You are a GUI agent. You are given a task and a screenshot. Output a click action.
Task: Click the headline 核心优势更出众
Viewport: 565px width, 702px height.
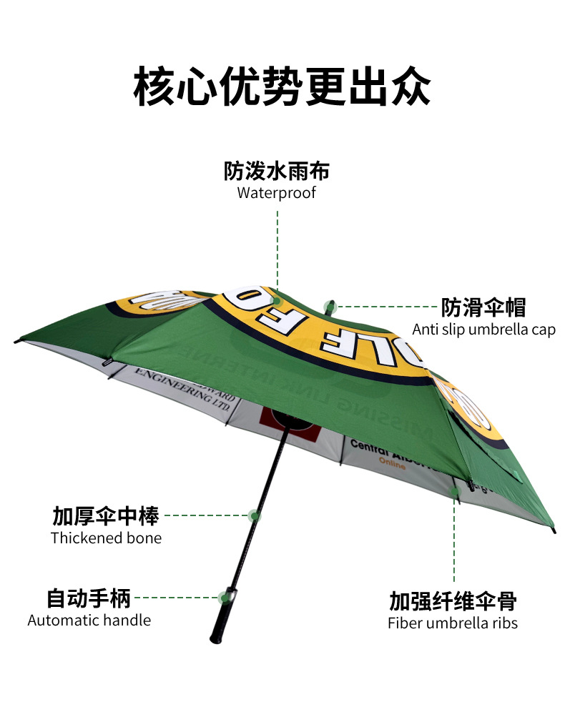[282, 86]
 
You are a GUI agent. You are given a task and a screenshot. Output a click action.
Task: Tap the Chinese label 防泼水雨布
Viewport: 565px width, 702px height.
[276, 172]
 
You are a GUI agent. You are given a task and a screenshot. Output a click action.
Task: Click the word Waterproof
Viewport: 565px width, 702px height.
[276, 193]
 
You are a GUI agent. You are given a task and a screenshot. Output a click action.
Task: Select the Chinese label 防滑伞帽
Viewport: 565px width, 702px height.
[483, 307]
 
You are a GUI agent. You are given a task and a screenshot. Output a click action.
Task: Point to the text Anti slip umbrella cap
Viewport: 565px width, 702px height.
[483, 330]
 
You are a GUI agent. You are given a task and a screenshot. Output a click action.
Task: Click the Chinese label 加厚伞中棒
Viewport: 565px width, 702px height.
[106, 515]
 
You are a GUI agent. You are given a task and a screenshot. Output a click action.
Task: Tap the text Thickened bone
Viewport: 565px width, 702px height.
[106, 538]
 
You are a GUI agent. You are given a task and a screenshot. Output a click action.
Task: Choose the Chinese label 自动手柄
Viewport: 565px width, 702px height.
[89, 598]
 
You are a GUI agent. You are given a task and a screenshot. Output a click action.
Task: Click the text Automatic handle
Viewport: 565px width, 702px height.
[89, 620]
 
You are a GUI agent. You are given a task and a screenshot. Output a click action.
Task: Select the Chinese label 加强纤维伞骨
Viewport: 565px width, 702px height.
[453, 600]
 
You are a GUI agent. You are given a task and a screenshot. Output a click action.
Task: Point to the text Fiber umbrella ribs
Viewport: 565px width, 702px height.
[453, 623]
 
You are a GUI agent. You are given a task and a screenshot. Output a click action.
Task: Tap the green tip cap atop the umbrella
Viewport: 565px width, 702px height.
[330, 307]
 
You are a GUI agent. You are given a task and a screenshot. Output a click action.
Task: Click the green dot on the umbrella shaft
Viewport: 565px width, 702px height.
[253, 515]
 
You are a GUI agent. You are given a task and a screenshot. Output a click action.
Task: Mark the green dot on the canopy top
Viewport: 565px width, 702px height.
[277, 301]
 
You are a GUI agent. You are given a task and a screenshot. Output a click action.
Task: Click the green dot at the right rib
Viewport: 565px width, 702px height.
[454, 492]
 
